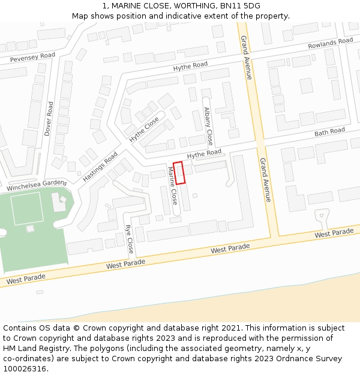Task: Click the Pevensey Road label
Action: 32,58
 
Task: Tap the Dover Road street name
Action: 49,118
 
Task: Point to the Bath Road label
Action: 329,131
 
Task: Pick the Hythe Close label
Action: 145,129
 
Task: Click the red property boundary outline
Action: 179,173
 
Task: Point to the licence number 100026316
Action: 25,369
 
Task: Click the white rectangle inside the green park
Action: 27,208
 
